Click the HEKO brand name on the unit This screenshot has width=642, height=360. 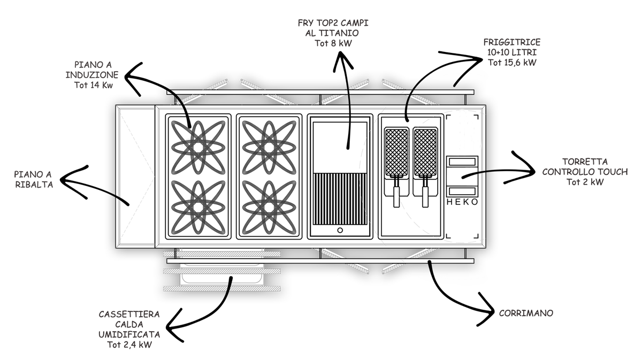[x=462, y=202]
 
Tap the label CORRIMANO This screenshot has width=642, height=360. [x=526, y=313]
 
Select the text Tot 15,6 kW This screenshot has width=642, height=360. [x=512, y=63]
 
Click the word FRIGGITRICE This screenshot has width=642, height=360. [x=512, y=42]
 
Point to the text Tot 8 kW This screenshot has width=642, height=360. [x=333, y=43]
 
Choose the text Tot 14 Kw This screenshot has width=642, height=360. [x=94, y=85]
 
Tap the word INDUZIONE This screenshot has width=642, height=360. [x=92, y=75]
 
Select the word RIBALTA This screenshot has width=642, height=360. [x=34, y=185]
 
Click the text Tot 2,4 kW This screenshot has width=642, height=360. [x=129, y=344]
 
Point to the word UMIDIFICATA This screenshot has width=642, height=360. [x=129, y=334]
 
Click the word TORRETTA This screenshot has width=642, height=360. [x=585, y=162]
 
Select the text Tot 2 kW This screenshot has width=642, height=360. [x=585, y=182]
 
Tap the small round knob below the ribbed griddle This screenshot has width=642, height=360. [x=340, y=230]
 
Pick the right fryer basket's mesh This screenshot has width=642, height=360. [x=426, y=152]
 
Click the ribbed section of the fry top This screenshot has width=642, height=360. [x=340, y=199]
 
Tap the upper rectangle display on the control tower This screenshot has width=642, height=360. [x=462, y=162]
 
